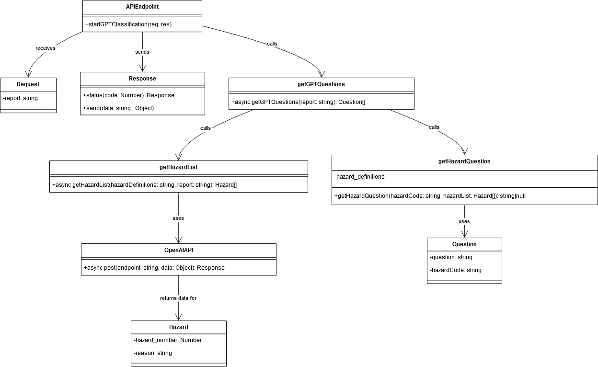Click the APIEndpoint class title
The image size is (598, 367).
point(142,7)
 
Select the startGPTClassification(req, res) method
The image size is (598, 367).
point(128,24)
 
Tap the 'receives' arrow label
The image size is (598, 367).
point(46,48)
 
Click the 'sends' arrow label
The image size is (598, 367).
point(142,52)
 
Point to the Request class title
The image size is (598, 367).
point(28,84)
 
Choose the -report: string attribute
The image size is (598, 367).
point(20,98)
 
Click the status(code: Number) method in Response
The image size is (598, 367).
point(128,95)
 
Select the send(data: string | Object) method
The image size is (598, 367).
point(118,108)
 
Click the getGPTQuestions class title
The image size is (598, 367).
point(321,84)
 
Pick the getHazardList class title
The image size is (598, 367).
point(178,167)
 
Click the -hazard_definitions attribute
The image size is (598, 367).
point(359,177)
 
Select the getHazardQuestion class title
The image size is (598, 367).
point(464,161)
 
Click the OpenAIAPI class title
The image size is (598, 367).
point(178,250)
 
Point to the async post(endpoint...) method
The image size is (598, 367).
point(154,268)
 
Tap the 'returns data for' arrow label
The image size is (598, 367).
point(178,298)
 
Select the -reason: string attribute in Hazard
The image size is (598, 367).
point(153,353)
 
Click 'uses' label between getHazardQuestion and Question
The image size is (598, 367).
point(464,221)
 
